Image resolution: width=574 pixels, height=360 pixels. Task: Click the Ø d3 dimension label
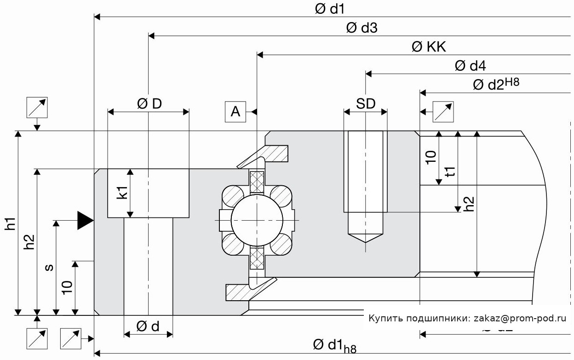tap(362, 28)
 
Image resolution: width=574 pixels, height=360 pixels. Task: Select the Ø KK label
tap(429, 47)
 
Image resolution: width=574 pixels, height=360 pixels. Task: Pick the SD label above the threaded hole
tap(366, 104)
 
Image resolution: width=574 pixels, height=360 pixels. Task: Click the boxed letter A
tap(235, 112)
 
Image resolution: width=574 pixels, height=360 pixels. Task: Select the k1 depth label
tap(122, 192)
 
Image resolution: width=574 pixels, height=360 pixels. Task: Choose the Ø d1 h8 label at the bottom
tap(334, 345)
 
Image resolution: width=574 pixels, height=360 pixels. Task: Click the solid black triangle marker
tap(85, 220)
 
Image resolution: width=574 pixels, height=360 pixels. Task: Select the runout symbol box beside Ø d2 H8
tap(443, 112)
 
